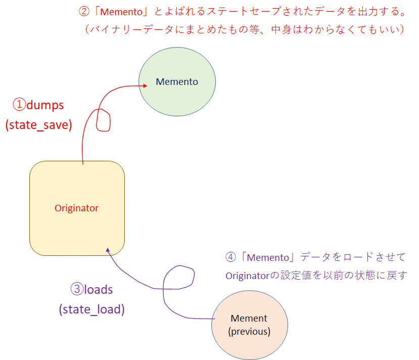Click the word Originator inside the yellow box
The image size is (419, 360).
77,208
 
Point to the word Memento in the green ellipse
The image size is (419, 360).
177,81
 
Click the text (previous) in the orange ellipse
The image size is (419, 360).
249,332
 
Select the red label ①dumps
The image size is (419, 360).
38,105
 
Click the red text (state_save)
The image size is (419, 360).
39,124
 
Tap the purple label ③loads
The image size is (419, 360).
91,290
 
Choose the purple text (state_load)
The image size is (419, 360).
91,309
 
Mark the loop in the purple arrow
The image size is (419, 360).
179,278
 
